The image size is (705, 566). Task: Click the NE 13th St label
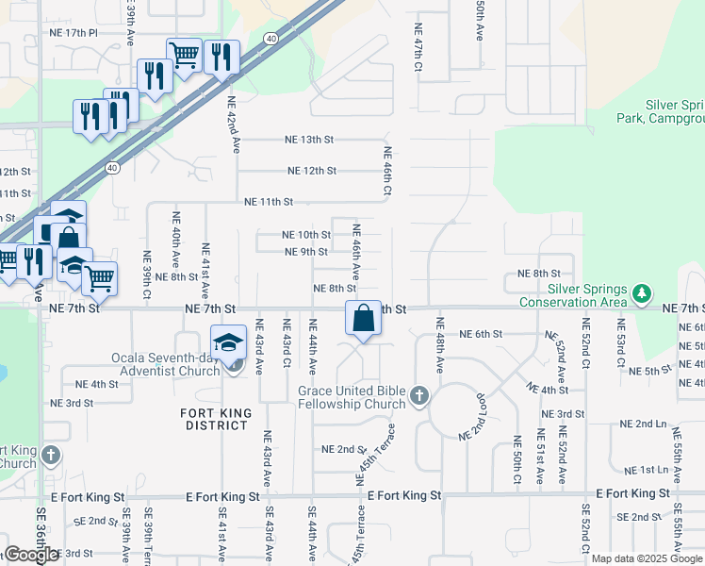pos(309,140)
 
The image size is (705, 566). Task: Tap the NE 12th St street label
pos(312,171)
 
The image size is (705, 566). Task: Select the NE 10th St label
pos(306,235)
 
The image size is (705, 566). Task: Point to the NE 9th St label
pos(306,252)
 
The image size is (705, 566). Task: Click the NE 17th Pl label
pos(73,32)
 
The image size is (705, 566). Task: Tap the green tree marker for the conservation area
pos(643,293)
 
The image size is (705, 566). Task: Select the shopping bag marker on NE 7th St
pos(363,318)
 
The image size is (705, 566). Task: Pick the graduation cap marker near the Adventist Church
pos(227,343)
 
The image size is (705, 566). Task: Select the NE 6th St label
pos(482,334)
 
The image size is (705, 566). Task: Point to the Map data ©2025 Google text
pos(647,558)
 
